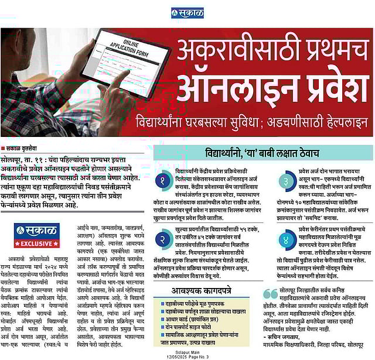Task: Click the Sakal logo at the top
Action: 187,12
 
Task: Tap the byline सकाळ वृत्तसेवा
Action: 22,148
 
